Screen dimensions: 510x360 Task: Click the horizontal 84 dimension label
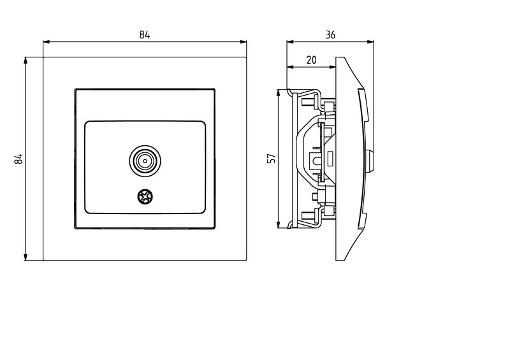coord(145,35)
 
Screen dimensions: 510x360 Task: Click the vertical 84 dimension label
coord(19,159)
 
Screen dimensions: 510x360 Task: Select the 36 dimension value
coord(330,35)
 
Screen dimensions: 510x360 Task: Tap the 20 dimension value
coord(311,60)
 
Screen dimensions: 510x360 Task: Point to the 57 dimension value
coord(272,159)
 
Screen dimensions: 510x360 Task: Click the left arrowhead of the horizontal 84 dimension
coord(46,42)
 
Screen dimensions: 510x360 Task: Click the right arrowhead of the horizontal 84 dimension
coord(244,42)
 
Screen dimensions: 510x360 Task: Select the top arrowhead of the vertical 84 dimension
coord(25,60)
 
